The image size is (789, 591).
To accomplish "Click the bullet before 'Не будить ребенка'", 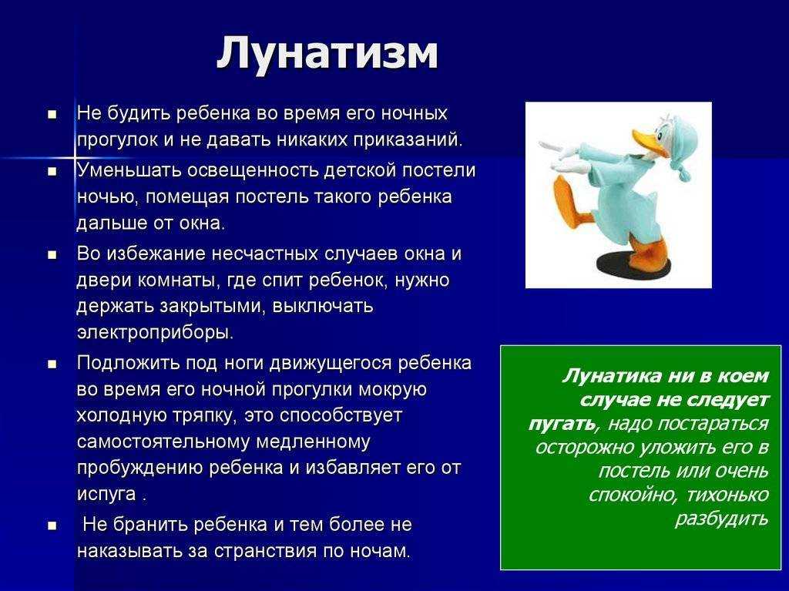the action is point(52,114).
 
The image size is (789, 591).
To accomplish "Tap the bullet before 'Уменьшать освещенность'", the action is point(52,171).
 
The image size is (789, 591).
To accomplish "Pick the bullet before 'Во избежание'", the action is point(52,255).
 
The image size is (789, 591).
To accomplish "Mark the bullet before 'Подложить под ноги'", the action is point(52,364).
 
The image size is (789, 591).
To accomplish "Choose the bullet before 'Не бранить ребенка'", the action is point(52,526).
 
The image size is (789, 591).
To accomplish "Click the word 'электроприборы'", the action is point(155,333).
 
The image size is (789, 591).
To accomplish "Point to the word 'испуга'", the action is point(106,495).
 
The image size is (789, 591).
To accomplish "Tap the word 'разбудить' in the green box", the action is point(721,519).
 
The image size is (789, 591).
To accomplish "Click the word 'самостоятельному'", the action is point(163,442).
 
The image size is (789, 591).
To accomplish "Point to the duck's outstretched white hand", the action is point(552,146).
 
